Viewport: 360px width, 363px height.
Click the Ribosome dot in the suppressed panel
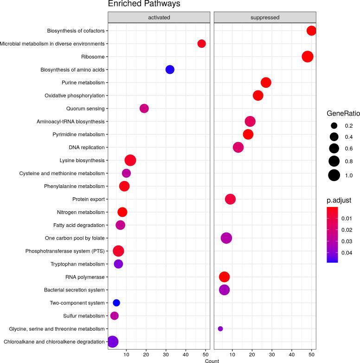click(307, 57)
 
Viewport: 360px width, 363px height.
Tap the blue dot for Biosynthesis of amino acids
click(170, 70)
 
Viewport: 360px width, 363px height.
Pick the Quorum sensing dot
click(144, 109)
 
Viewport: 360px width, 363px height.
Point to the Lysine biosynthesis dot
click(130, 161)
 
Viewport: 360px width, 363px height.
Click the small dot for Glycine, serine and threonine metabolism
click(220, 329)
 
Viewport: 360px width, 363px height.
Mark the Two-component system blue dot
click(116, 303)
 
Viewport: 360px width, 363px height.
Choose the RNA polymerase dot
click(224, 277)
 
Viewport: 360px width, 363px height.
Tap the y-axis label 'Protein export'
click(88, 199)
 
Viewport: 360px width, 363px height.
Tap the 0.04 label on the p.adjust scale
click(347, 253)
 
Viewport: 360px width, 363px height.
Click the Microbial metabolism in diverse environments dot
click(201, 44)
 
